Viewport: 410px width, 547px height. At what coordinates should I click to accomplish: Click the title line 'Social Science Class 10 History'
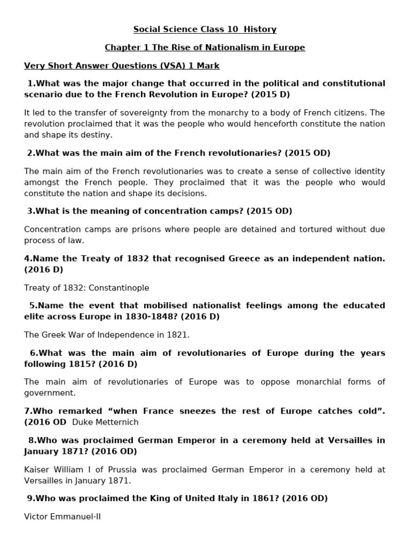tap(204, 29)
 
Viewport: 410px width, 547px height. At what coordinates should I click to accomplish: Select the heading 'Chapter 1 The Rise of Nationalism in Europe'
tap(204, 48)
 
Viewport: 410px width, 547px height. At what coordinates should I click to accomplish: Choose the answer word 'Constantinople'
tap(119, 288)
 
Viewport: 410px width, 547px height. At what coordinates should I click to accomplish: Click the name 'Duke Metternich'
tap(105, 423)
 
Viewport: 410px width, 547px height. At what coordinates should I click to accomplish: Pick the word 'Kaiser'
tap(36, 470)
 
